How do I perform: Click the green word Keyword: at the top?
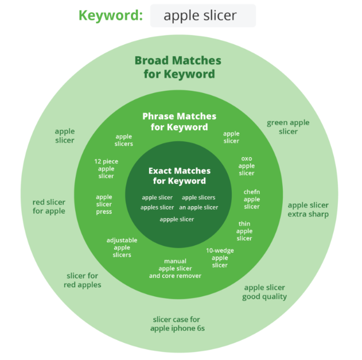tap(111, 16)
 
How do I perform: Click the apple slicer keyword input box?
tap(203, 16)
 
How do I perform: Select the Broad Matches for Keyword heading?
tap(178, 67)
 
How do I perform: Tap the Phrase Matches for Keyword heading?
tap(179, 122)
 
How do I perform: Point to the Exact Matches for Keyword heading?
tap(180, 176)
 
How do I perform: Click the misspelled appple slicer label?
tap(177, 219)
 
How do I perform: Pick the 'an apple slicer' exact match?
tap(198, 207)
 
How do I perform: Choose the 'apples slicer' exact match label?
tap(157, 207)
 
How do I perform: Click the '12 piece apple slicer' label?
tap(106, 169)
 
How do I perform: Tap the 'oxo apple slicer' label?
tap(247, 166)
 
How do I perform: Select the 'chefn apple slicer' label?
tap(252, 199)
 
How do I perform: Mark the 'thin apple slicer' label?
tap(244, 231)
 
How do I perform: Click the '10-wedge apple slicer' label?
tap(220, 258)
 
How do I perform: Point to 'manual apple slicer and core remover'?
tap(175, 269)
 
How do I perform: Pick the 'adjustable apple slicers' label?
tap(122, 247)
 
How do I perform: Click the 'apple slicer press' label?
tap(104, 204)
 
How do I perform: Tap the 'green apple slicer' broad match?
tap(288, 127)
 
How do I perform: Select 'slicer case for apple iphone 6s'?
tap(177, 324)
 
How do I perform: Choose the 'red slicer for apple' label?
tap(49, 207)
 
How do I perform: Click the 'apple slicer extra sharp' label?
tap(308, 210)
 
